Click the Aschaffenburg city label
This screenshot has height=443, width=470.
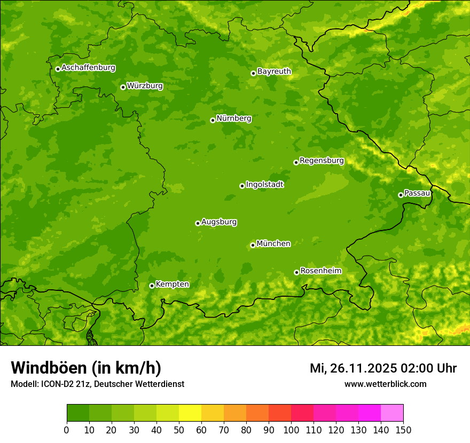[x=88, y=68]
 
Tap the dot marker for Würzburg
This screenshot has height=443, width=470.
[x=123, y=87]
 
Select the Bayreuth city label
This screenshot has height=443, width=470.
[x=274, y=72]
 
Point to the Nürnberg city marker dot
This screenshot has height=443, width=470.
[x=213, y=120]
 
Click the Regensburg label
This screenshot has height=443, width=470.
[x=322, y=161]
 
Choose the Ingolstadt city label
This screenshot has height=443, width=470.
[x=264, y=185]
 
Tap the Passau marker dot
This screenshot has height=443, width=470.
[x=401, y=195]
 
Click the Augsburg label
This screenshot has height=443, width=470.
[x=219, y=222]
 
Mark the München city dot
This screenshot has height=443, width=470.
[x=253, y=245]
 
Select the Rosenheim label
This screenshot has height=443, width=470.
[x=320, y=271]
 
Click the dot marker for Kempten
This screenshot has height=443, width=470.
[x=152, y=286]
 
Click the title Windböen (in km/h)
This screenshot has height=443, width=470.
[x=85, y=368]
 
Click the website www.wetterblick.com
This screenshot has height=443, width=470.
[x=385, y=384]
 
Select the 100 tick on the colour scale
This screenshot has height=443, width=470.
[x=291, y=429]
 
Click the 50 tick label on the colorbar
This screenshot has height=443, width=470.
[x=179, y=429]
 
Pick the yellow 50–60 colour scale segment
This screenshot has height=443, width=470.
[x=190, y=413]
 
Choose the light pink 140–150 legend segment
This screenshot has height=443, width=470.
[x=392, y=413]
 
